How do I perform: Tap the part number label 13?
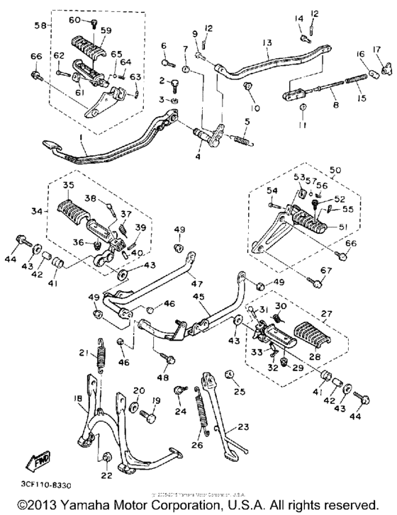point(266,43)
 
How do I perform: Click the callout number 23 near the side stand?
point(245,427)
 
